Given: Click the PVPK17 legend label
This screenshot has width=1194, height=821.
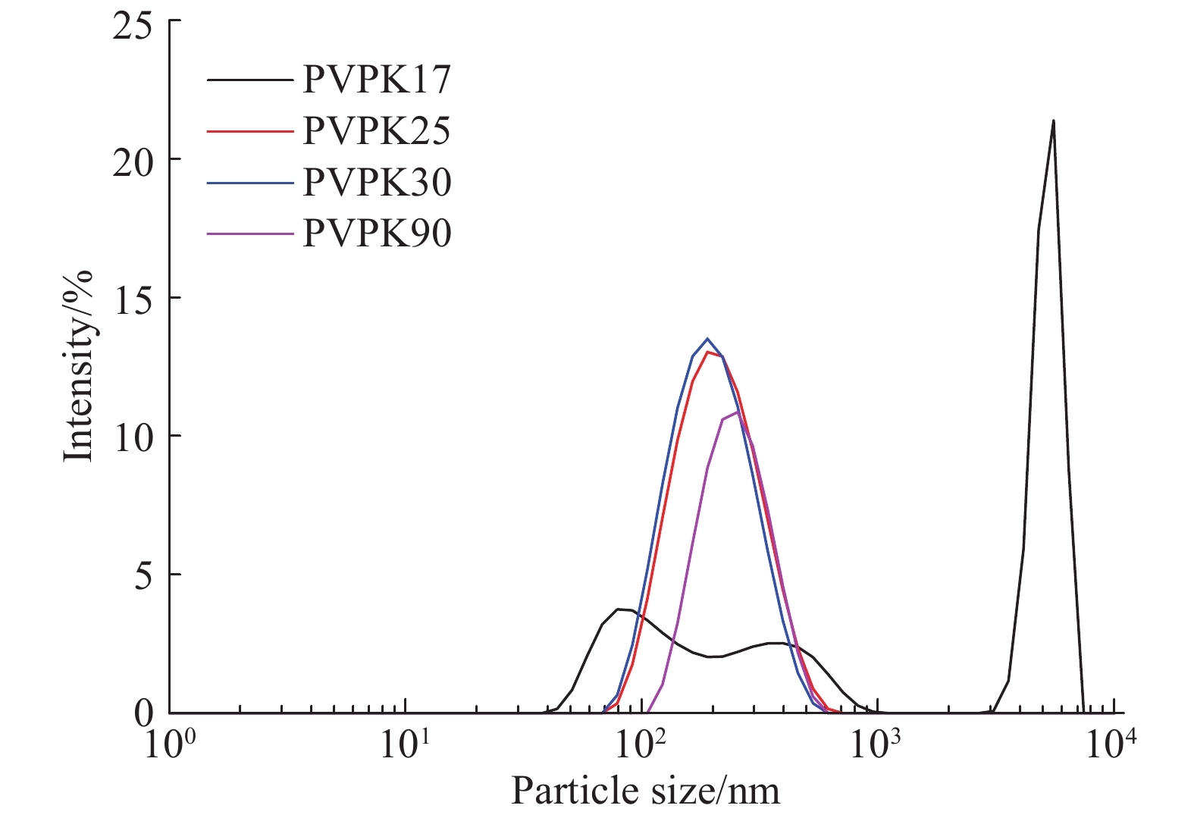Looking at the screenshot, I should click(x=377, y=80).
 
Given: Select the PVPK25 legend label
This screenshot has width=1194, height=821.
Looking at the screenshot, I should click(x=377, y=131).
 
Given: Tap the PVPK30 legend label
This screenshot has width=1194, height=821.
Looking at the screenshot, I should click(x=377, y=182).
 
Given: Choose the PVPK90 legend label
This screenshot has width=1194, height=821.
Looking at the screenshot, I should click(x=377, y=233).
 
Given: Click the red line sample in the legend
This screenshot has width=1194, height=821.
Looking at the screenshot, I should click(x=249, y=131).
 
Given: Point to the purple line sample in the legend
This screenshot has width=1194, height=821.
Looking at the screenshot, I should click(x=249, y=233).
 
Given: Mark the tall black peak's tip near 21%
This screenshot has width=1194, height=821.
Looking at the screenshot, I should click(x=1053, y=121).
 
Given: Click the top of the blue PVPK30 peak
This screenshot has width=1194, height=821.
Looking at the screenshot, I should click(x=707, y=339).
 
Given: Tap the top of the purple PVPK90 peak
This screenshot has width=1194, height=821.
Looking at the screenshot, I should click(x=737, y=412).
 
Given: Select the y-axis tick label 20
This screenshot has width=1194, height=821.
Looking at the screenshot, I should click(x=132, y=161).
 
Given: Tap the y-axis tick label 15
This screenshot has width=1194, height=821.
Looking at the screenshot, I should click(x=132, y=299).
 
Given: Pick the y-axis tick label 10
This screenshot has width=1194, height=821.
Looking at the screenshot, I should click(x=132, y=437).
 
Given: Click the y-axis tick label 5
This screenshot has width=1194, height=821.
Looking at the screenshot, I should click(x=142, y=575).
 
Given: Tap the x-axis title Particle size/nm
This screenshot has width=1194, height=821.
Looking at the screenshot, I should click(x=645, y=791).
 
